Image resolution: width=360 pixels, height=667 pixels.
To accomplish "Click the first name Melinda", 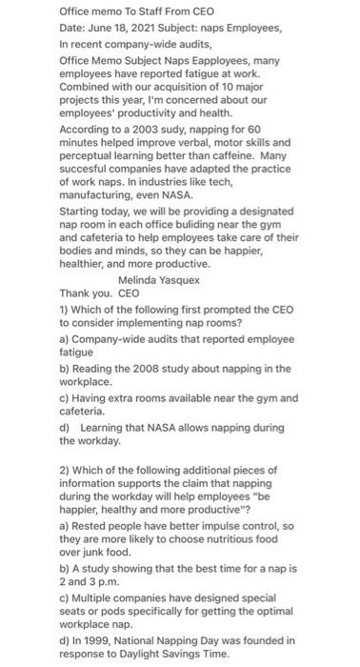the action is click(x=143, y=280).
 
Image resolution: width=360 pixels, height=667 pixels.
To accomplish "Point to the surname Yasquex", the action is click(x=196, y=280).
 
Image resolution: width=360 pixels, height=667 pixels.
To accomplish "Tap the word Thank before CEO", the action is click(x=76, y=294).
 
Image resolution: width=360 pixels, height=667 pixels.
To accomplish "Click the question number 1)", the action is click(x=66, y=310).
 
